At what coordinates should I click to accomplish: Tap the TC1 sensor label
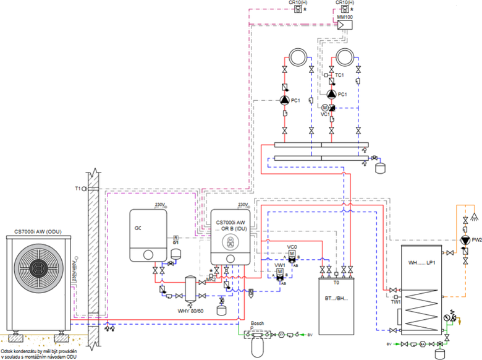[x=339, y=75]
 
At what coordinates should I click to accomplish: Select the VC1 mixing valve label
[x=325, y=113]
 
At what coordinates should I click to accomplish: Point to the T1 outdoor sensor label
[x=78, y=188]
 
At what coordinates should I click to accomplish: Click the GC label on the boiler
[x=138, y=228]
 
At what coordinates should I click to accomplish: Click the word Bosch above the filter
[x=257, y=323]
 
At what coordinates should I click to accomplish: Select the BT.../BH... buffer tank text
[x=336, y=298]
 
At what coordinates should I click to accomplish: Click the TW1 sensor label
[x=395, y=301]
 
